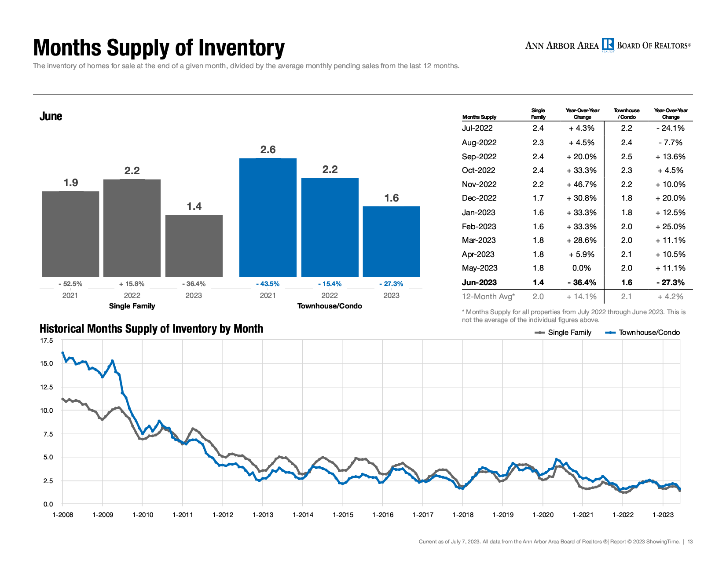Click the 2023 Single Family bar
click(x=194, y=246)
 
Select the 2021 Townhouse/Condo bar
click(x=268, y=217)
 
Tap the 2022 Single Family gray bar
click(x=132, y=228)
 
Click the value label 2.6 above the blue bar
click(x=268, y=149)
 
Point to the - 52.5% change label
click(x=70, y=284)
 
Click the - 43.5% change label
click(x=268, y=284)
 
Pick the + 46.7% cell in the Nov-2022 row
click(x=581, y=184)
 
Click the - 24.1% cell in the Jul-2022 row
click(x=670, y=128)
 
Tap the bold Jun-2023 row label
click(x=479, y=282)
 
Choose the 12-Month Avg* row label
click(x=488, y=297)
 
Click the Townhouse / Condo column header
click(x=627, y=114)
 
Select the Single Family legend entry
click(x=563, y=333)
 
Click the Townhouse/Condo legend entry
click(x=642, y=333)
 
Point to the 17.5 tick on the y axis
click(x=47, y=341)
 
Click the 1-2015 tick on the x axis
click(x=343, y=514)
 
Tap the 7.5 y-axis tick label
click(x=48, y=434)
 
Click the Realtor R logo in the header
click(x=608, y=45)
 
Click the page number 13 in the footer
click(x=690, y=542)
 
